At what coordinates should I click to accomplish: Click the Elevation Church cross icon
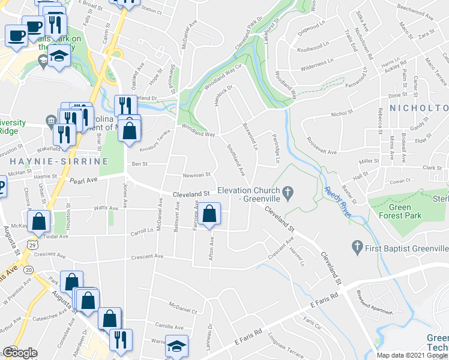point(288,193)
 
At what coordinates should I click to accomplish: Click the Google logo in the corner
point(20,353)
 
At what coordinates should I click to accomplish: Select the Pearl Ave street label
point(83,180)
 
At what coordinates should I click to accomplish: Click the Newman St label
point(196,175)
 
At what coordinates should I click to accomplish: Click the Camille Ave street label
point(169,326)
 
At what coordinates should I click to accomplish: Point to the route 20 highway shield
point(28,271)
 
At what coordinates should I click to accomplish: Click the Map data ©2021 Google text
point(411,355)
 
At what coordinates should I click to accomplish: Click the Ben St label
point(139,163)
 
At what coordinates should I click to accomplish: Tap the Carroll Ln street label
point(142,230)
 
